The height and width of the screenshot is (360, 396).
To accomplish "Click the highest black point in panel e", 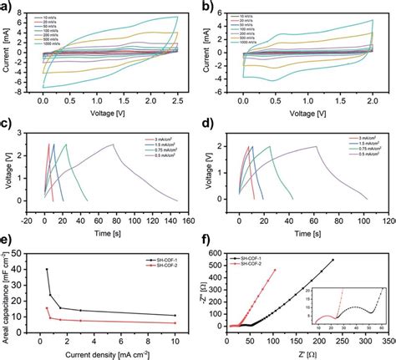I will pyautogui.click(x=47, y=269).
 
